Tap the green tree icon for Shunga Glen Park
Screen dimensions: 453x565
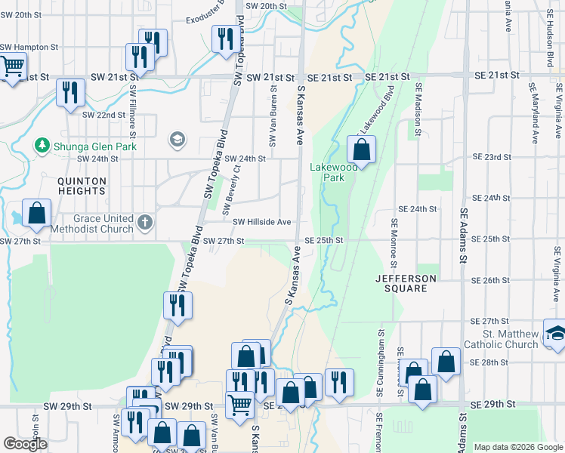pyautogui.click(x=41, y=146)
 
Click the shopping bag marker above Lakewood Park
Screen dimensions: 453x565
pyautogui.click(x=362, y=150)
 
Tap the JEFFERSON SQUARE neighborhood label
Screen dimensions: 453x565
pyautogui.click(x=406, y=284)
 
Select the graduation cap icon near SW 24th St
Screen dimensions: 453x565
pyautogui.click(x=177, y=139)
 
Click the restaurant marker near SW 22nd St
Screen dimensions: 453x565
pyautogui.click(x=70, y=93)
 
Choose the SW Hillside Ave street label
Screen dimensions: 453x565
pyautogui.click(x=261, y=222)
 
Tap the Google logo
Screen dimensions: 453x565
pyautogui.click(x=25, y=444)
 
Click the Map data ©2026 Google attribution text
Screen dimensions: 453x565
pyautogui.click(x=517, y=447)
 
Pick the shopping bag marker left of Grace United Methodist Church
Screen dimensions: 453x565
pyautogui.click(x=36, y=214)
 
